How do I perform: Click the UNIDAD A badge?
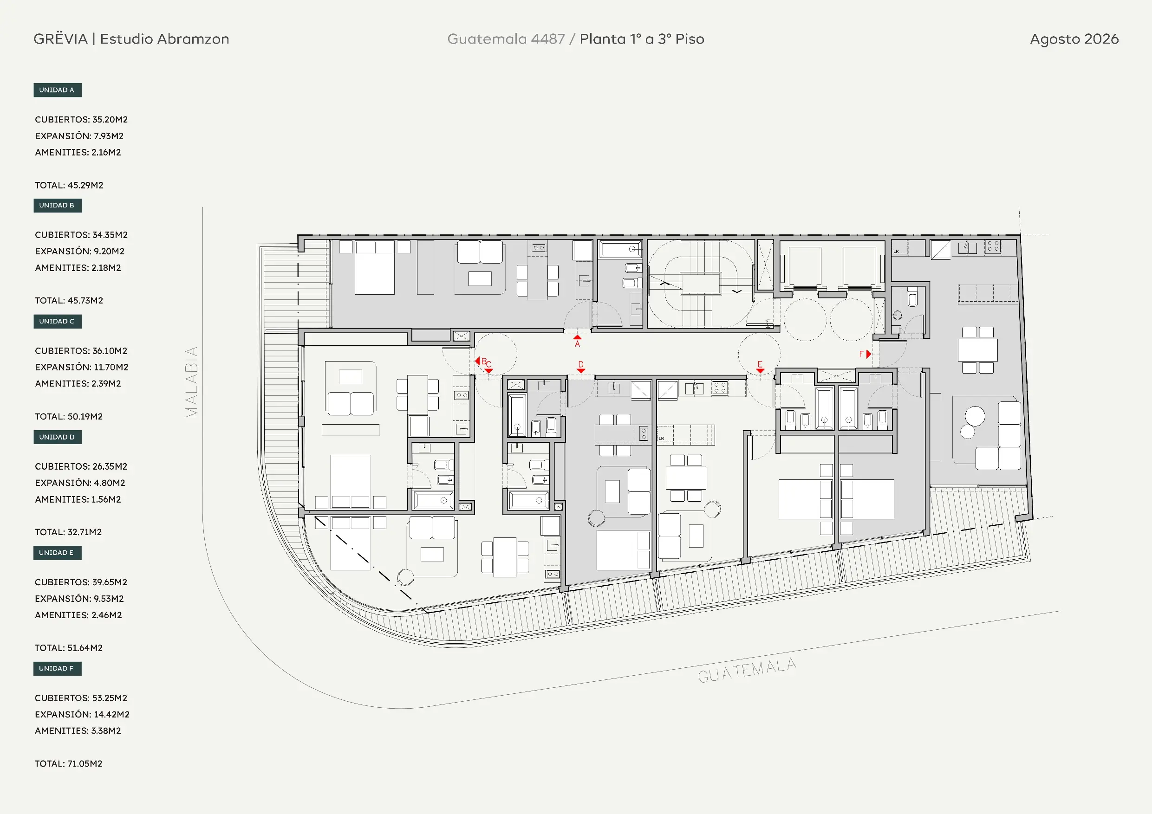tap(57, 90)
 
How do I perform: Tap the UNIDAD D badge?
tap(57, 437)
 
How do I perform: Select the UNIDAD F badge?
tap(57, 668)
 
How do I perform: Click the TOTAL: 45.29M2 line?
tap(69, 185)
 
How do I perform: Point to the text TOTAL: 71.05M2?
tap(69, 763)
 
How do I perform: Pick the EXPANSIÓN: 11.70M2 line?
tap(82, 367)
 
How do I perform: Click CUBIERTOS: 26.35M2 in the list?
tap(81, 466)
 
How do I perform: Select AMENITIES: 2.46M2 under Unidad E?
tap(78, 615)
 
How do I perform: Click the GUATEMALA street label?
tap(747, 671)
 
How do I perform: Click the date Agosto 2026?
tap(1074, 39)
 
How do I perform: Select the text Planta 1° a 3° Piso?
tap(642, 39)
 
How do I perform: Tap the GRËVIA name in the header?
tap(61, 39)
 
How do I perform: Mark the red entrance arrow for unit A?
tap(578, 337)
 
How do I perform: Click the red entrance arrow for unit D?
tap(581, 371)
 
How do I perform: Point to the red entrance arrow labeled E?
tap(760, 371)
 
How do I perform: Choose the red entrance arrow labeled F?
tap(868, 354)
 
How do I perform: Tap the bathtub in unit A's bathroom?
tap(621, 249)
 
